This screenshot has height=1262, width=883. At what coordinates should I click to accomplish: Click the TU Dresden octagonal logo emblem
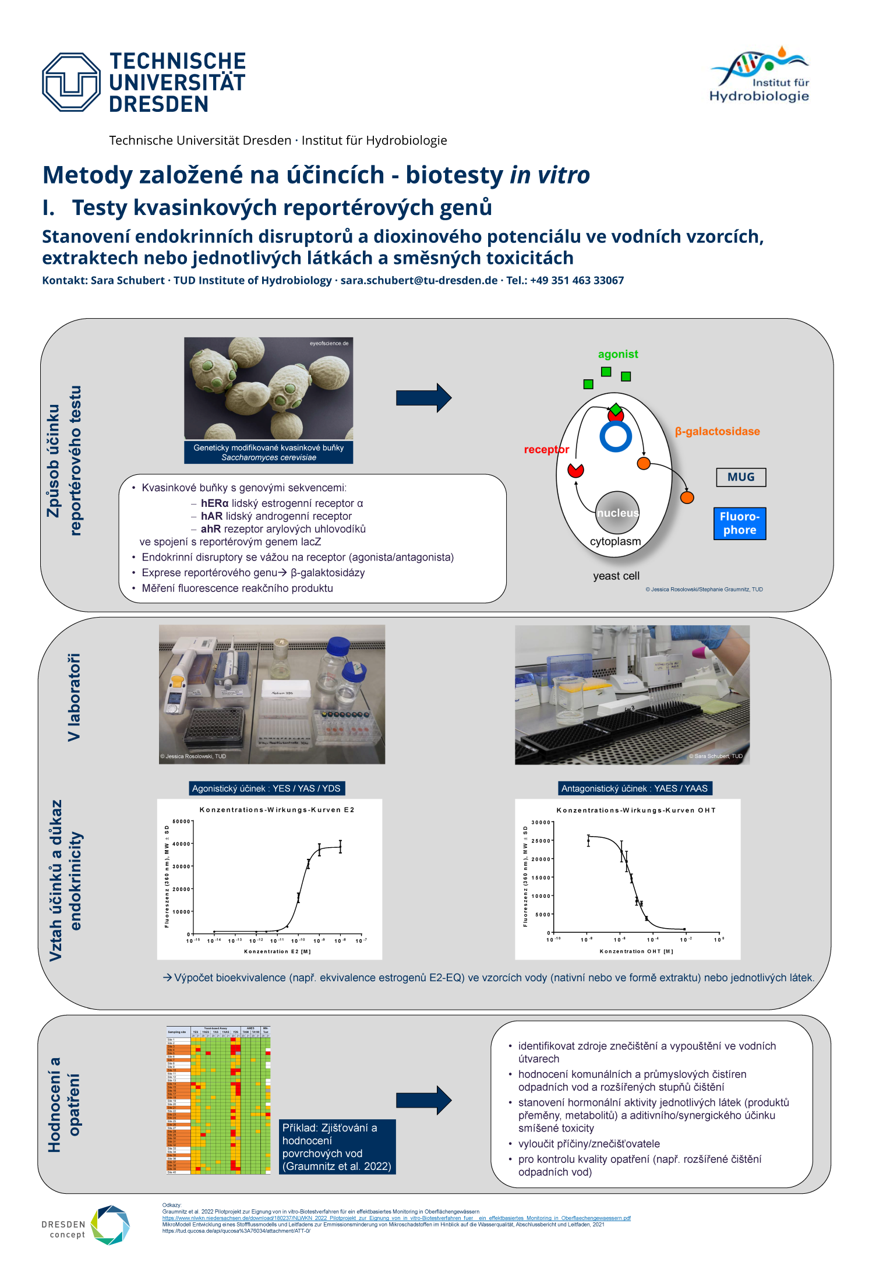pyautogui.click(x=71, y=82)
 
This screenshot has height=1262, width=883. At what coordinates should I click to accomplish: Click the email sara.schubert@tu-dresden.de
pyautogui.click(x=419, y=280)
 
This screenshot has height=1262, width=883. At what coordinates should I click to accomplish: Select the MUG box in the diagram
pyautogui.click(x=740, y=477)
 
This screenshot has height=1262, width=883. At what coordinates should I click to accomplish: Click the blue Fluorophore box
pyautogui.click(x=740, y=523)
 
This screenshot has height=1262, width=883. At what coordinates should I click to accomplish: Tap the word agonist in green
pyautogui.click(x=617, y=354)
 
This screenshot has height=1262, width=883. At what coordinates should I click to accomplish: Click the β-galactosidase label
pyautogui.click(x=717, y=432)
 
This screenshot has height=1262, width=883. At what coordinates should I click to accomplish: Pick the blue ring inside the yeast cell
pyautogui.click(x=616, y=436)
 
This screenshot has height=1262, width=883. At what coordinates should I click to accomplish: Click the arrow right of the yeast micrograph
pyautogui.click(x=423, y=398)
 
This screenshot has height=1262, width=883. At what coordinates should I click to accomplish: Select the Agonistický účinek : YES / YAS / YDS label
pyautogui.click(x=266, y=788)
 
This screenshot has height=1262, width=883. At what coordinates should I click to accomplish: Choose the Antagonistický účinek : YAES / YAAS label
pyautogui.click(x=634, y=788)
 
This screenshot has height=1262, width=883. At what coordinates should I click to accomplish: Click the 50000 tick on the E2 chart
pyautogui.click(x=181, y=822)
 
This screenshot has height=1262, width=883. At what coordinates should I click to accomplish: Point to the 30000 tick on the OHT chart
pyautogui.click(x=541, y=823)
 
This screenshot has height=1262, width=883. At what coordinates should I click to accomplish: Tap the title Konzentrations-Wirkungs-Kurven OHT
pyautogui.click(x=635, y=810)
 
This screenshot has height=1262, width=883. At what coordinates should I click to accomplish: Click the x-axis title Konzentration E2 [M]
pyautogui.click(x=277, y=951)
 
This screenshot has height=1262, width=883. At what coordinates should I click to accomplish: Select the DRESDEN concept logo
pyautogui.click(x=86, y=1225)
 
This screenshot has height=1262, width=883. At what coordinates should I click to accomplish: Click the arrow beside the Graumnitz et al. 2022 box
pyautogui.click(x=423, y=1100)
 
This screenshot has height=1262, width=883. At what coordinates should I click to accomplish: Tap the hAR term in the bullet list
pyautogui.click(x=211, y=516)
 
